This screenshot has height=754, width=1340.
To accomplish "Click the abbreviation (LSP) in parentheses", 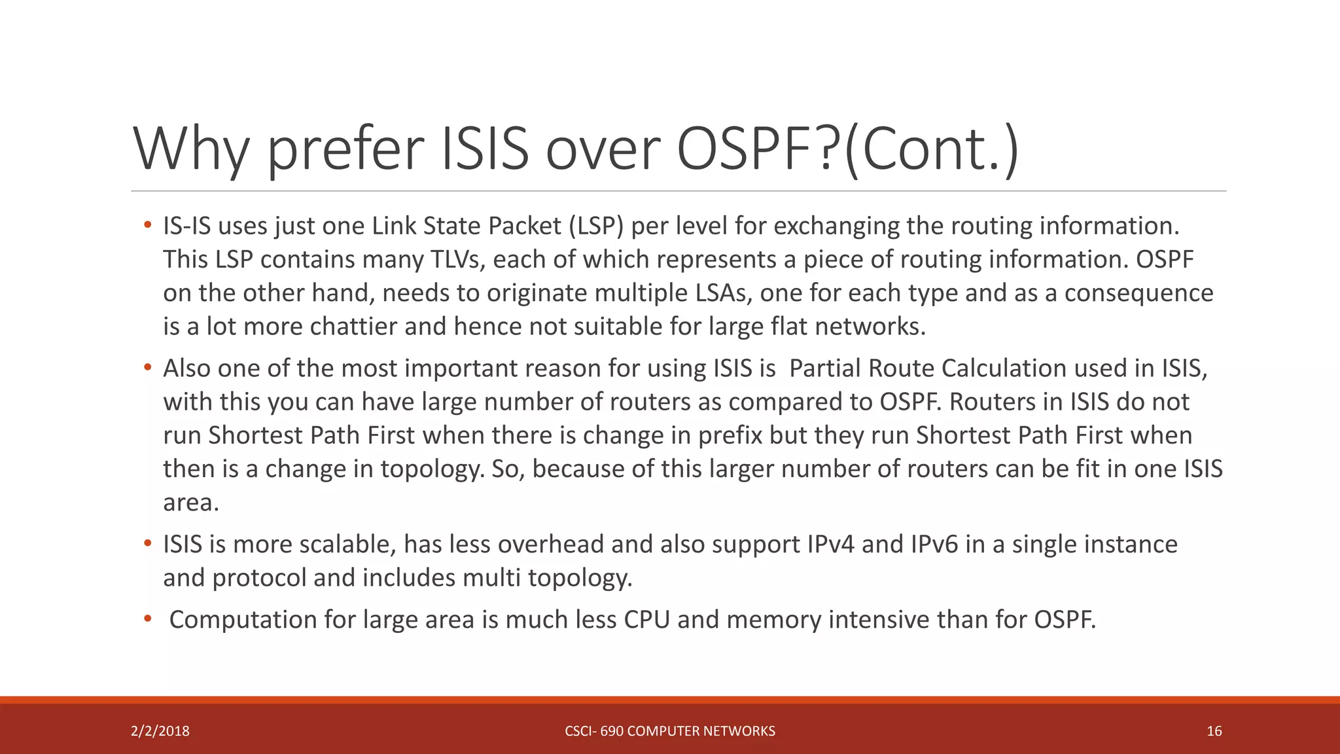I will pyautogui.click(x=595, y=226).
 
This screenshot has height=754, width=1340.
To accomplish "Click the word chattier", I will pyautogui.click(x=353, y=326).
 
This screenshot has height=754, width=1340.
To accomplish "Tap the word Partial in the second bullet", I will pyautogui.click(x=825, y=368).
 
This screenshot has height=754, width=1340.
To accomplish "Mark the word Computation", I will pyautogui.click(x=243, y=620).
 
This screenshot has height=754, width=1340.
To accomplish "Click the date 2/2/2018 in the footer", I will pyautogui.click(x=160, y=731).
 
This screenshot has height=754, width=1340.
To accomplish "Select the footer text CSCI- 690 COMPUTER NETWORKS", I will pyautogui.click(x=670, y=731).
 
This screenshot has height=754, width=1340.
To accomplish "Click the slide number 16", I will pyautogui.click(x=1214, y=731).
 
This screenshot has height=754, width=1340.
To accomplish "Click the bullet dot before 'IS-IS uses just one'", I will pyautogui.click(x=148, y=226).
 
